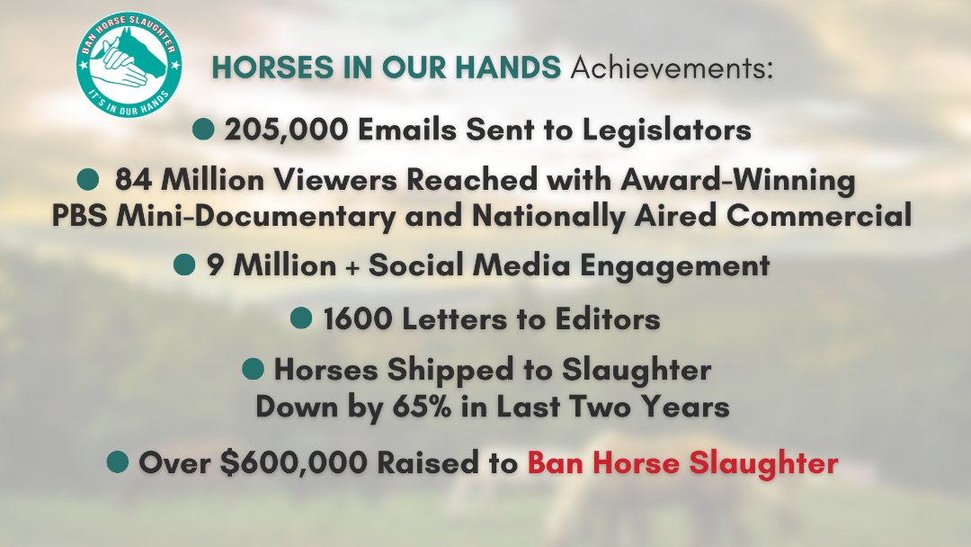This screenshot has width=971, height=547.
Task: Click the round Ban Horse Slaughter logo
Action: pyautogui.click(x=129, y=65)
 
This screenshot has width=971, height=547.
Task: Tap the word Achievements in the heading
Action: pyautogui.click(x=672, y=67)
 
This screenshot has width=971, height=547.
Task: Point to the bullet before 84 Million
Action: pyautogui.click(x=88, y=179)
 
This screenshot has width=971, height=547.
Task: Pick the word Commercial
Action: pyautogui.click(x=819, y=216)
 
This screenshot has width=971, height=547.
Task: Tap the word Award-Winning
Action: pyautogui.click(x=738, y=180)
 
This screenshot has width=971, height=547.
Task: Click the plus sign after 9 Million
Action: pyautogui.click(x=352, y=267)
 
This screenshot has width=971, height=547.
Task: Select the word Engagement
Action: pyautogui.click(x=674, y=266)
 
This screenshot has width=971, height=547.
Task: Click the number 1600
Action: pyautogui.click(x=358, y=319)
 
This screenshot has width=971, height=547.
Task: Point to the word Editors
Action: pyautogui.click(x=608, y=319)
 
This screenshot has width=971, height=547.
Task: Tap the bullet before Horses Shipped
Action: pyautogui.click(x=253, y=368)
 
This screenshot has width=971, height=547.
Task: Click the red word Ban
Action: pyautogui.click(x=557, y=462)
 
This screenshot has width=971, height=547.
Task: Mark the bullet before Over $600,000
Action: pyautogui.click(x=118, y=462)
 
